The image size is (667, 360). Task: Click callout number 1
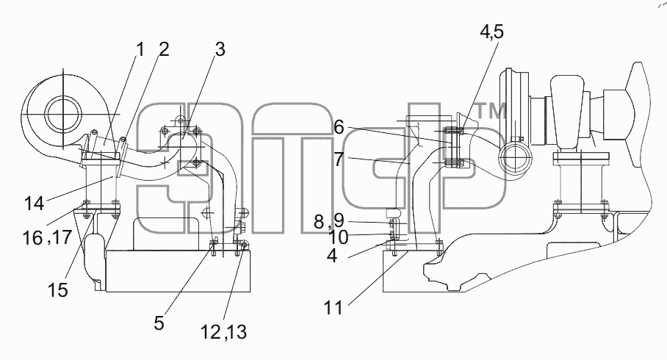140,50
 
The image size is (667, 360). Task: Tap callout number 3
220,50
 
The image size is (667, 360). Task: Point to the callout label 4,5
491,32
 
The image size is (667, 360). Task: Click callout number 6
339,127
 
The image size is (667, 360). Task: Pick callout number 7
339,159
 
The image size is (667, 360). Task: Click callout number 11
333,308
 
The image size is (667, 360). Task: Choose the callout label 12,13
223,332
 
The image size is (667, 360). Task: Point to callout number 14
34,204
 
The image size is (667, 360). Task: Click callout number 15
58,290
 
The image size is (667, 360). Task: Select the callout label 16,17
47,237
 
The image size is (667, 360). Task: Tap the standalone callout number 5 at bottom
159,323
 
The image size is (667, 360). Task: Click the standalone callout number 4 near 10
332,256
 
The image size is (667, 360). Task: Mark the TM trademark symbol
490,112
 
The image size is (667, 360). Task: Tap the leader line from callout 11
378,277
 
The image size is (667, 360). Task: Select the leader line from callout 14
80,187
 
